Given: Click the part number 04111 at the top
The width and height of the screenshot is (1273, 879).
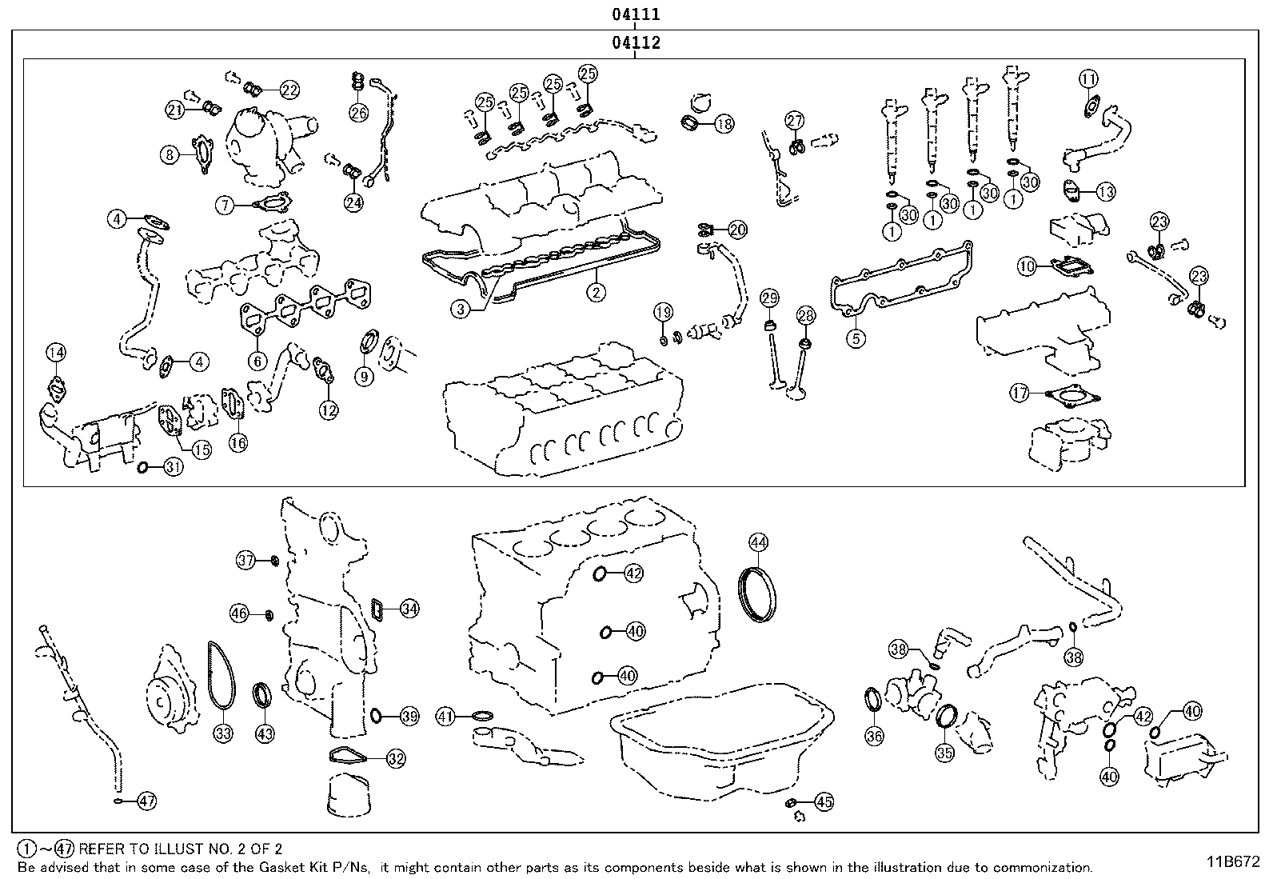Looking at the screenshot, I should [x=636, y=14].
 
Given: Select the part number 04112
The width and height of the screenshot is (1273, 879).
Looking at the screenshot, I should [x=636, y=42].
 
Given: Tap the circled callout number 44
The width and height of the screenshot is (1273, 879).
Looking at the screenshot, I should [x=758, y=542].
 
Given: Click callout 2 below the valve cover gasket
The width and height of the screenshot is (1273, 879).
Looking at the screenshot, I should [x=596, y=292].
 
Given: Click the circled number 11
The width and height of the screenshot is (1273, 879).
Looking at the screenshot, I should [x=1088, y=78].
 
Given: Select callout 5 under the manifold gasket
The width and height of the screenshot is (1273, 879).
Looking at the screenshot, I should [x=855, y=338].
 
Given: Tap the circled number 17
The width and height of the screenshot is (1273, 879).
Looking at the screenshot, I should [x=1020, y=393].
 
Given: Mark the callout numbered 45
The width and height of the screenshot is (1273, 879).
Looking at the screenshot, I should [x=824, y=801].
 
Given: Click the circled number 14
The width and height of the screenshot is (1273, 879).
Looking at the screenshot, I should [x=55, y=352].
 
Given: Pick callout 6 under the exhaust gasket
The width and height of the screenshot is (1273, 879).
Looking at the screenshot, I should [x=257, y=361].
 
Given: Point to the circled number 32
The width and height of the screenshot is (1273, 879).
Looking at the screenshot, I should [x=396, y=758].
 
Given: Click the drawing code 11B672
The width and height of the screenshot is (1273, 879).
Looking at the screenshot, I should [x=1233, y=861].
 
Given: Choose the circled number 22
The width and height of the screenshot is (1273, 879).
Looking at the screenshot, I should [x=289, y=90].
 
